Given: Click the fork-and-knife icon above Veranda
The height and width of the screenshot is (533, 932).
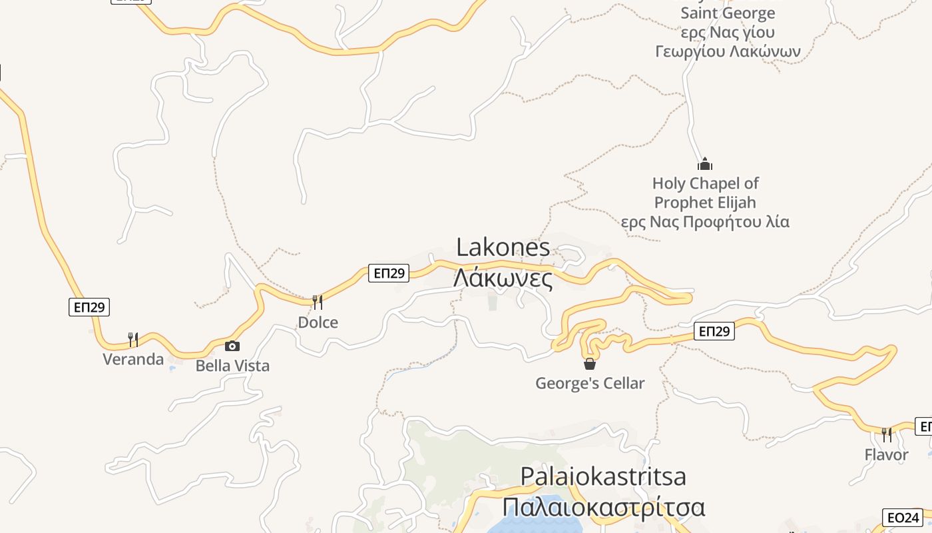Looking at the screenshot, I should (x=133, y=340).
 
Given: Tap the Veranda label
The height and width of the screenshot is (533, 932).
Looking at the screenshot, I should (x=133, y=359).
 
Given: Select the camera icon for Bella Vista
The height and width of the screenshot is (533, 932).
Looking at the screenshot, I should (x=232, y=346).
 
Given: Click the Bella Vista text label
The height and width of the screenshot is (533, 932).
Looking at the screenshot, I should (x=232, y=366).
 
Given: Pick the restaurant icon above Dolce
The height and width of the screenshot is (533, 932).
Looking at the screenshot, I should (x=318, y=302).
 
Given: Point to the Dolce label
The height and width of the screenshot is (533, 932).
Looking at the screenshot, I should (x=318, y=322).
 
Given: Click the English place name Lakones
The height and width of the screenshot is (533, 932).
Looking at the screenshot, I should (x=503, y=247).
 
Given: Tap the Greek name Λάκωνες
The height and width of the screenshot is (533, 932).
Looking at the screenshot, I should (x=503, y=278).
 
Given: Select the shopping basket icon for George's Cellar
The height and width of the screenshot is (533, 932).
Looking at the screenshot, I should (x=590, y=364).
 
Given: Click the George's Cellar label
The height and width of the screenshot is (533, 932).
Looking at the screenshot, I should (x=590, y=383).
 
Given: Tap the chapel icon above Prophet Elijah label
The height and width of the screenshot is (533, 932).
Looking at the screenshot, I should (x=705, y=163).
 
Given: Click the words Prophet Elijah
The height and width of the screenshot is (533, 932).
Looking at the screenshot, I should (x=705, y=202).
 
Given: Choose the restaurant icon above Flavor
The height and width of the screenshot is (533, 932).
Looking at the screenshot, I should (x=886, y=435).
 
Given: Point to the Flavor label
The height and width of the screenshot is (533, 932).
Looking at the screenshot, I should (x=886, y=455).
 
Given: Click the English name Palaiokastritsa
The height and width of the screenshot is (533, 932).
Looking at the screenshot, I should (x=603, y=476).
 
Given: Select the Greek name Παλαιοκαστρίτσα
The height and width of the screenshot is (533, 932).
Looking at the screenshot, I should (x=603, y=507).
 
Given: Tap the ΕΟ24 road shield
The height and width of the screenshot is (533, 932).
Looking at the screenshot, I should (x=902, y=518).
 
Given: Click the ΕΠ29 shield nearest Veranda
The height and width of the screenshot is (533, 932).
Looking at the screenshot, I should (x=89, y=307).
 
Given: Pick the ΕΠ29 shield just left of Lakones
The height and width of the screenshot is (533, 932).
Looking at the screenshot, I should (x=388, y=272).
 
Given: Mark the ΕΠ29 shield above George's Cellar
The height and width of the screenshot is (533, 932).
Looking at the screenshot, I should (x=714, y=331).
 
